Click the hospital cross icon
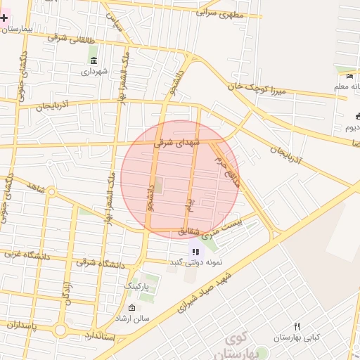tap(4, 16)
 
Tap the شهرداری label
tap(92, 71)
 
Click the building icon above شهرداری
tap(93, 60)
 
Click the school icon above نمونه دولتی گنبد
tap(195, 251)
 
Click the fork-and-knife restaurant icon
tap(297, 326)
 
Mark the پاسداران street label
tap(18, 325)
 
